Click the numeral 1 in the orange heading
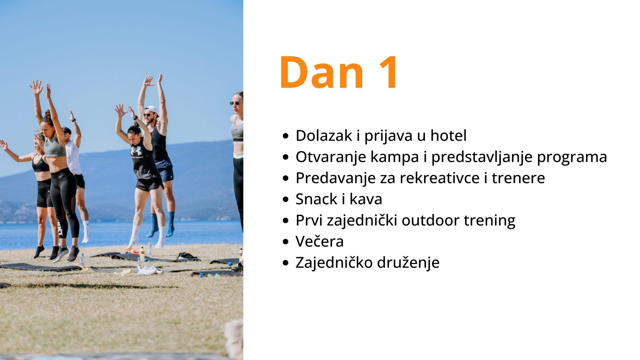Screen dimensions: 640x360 388,72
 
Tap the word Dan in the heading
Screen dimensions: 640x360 322,72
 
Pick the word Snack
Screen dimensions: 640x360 316,199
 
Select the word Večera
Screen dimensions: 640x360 319,241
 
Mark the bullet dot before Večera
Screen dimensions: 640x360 286,242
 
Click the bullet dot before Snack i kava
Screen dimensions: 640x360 286,200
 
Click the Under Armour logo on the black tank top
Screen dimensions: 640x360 136,151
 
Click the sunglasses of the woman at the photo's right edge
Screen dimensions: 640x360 236,103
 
